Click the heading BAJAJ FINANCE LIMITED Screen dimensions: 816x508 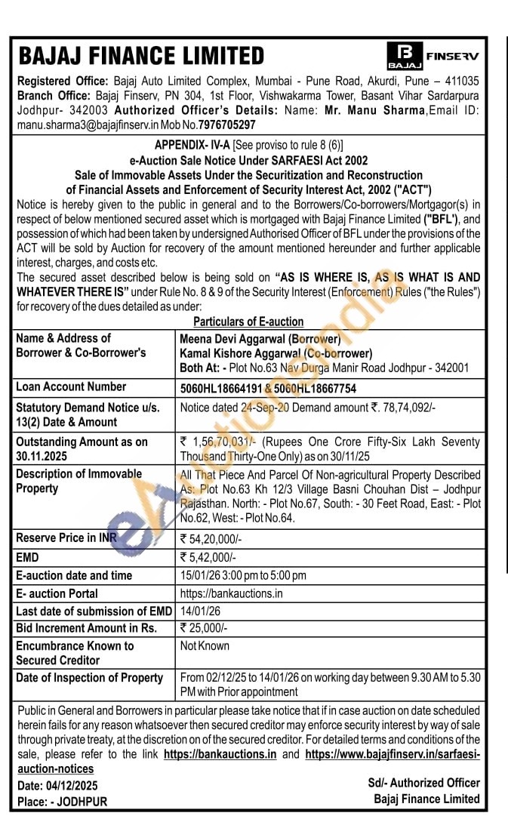[141, 57]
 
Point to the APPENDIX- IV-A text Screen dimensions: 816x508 [192, 145]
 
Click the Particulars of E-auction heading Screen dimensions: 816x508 [248, 322]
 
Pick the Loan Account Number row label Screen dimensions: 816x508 [71, 386]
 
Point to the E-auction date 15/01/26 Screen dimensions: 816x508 [202, 575]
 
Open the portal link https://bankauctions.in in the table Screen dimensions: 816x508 [231, 593]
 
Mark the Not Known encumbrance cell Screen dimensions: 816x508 [205, 646]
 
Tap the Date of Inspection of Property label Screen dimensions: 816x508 [89, 678]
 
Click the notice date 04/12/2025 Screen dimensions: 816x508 [72, 786]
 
